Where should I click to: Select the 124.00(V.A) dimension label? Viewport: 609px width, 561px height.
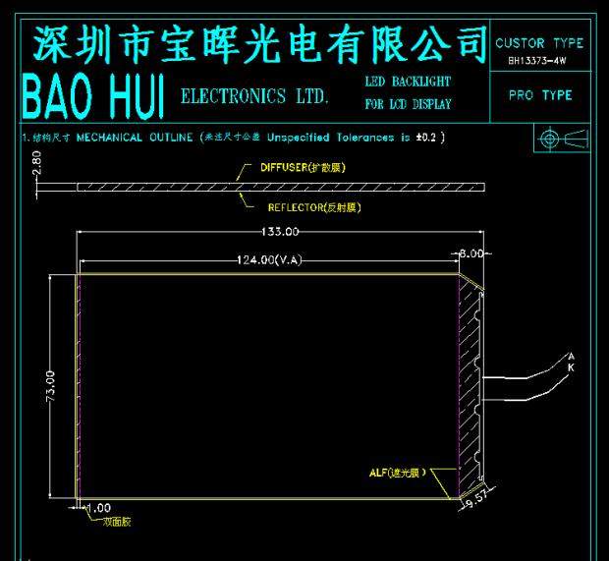pyautogui.click(x=268, y=259)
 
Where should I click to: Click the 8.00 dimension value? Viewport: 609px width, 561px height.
pyautogui.click(x=472, y=253)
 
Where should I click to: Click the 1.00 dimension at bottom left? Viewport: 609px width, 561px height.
pyautogui.click(x=98, y=507)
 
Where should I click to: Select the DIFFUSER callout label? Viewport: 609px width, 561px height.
pyautogui.click(x=303, y=167)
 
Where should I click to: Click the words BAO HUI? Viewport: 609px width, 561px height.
pyautogui.click(x=92, y=95)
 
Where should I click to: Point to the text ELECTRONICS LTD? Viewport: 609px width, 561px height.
pyautogui.click(x=255, y=96)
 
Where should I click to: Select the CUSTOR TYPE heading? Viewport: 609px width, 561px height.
pyautogui.click(x=539, y=43)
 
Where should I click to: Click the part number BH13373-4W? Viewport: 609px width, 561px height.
pyautogui.click(x=537, y=61)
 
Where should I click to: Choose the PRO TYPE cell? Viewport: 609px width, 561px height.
pyautogui.click(x=540, y=95)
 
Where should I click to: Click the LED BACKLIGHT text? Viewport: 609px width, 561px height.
pyautogui.click(x=407, y=81)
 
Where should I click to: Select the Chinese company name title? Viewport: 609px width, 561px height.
pyautogui.click(x=260, y=42)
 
